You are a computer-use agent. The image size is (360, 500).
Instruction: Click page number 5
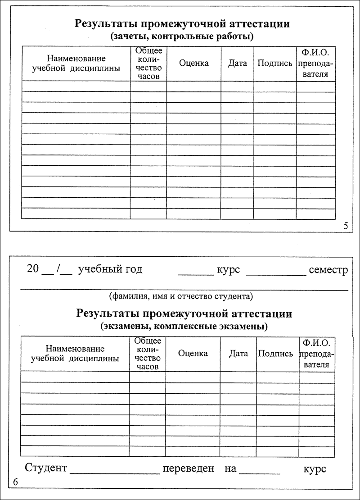click(x=346, y=226)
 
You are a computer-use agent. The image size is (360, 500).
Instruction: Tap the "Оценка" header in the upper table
click(x=193, y=63)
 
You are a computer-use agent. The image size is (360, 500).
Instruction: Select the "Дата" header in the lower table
click(x=238, y=354)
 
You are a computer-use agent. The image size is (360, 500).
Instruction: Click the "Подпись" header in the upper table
click(x=275, y=63)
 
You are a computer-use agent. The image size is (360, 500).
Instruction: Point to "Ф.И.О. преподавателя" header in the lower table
click(x=317, y=354)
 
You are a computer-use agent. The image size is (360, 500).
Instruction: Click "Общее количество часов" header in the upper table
click(x=148, y=63)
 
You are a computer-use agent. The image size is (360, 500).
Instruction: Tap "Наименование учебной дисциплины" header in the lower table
click(x=75, y=354)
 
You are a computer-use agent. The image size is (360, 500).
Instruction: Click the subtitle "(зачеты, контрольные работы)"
click(x=182, y=36)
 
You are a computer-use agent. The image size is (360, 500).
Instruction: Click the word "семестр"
click(x=328, y=270)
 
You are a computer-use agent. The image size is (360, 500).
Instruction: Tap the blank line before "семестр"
click(x=276, y=273)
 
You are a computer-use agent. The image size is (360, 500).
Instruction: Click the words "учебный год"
click(x=110, y=269)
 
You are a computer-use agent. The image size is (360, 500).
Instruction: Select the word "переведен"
click(x=189, y=468)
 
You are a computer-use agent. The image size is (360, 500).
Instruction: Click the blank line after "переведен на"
click(x=260, y=473)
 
